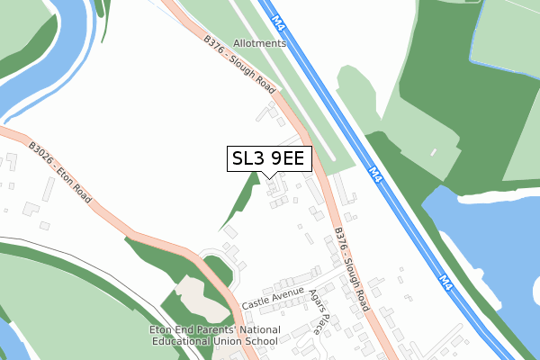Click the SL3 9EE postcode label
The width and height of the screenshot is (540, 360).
click(269, 159)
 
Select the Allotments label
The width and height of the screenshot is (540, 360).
click(259, 43)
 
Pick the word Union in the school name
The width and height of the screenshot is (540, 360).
click(229, 342)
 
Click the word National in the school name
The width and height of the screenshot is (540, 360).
click(261, 330)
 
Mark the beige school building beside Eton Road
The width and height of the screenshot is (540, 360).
click(200, 297)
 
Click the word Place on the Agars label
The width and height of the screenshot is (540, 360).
click(320, 323)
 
